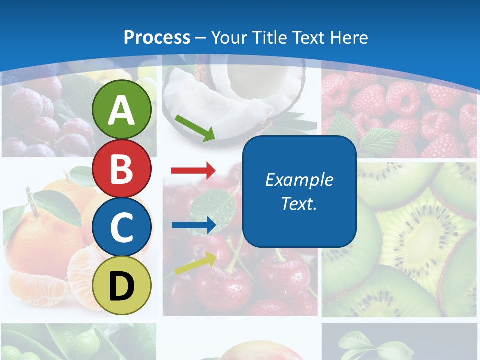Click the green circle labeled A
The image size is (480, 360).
tap(122, 110)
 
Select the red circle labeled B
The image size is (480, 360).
tap(122, 168)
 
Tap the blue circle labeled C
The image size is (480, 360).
tap(122, 227)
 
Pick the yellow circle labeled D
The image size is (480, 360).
tap(122, 285)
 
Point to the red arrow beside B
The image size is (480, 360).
tap(193, 171)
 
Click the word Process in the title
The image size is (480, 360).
tap(157, 37)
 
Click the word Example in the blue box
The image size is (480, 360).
tap(299, 180)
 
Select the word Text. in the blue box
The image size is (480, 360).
tap(299, 204)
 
